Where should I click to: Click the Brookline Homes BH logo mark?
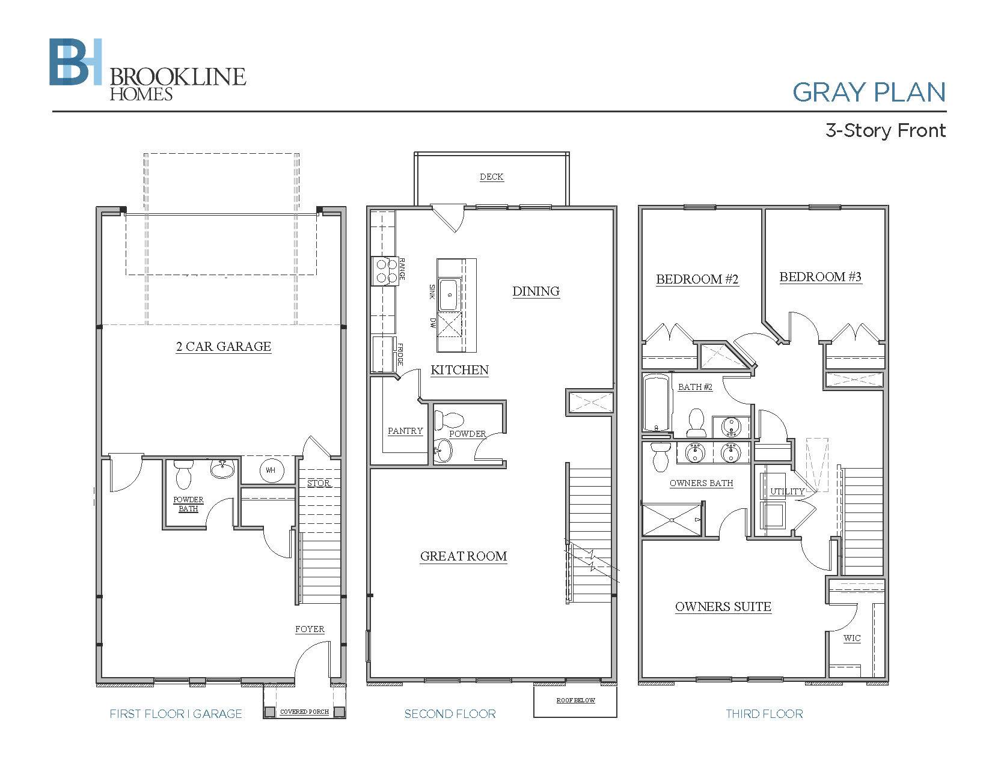tap(75, 62)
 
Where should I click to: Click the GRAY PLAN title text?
tap(869, 92)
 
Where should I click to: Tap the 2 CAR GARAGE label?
tap(224, 347)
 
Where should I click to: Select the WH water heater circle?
tap(271, 470)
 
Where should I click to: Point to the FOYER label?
tap(310, 629)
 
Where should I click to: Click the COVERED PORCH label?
tap(304, 712)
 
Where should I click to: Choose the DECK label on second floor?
tap(492, 177)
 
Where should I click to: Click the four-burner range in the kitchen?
tap(385, 271)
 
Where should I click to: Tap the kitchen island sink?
tap(449, 295)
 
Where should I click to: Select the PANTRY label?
tap(405, 431)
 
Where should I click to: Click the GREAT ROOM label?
tap(464, 556)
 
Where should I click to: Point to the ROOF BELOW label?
tap(576, 701)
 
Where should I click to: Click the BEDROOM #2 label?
tap(697, 279)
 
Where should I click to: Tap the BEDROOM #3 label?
tap(820, 277)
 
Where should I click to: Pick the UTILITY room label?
tap(787, 492)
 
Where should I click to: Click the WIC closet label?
tap(852, 638)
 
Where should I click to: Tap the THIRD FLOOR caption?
tap(764, 714)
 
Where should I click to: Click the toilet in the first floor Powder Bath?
tap(183, 474)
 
